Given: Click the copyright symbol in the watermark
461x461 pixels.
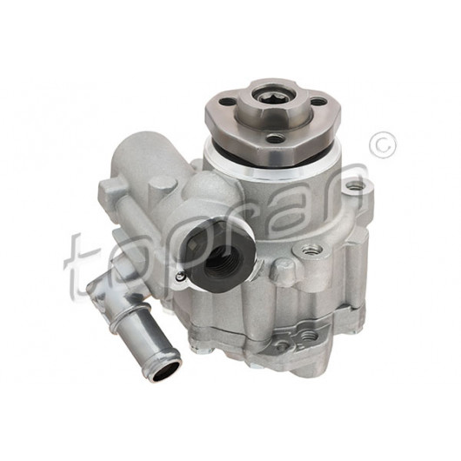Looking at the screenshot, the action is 383,145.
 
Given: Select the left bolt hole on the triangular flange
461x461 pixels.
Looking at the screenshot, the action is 227,103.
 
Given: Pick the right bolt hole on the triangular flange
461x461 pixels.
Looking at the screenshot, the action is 318,102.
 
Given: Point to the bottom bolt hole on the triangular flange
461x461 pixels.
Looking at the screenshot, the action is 275,137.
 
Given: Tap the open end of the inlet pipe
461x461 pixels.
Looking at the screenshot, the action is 165,368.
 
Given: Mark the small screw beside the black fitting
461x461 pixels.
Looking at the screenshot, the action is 179,276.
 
